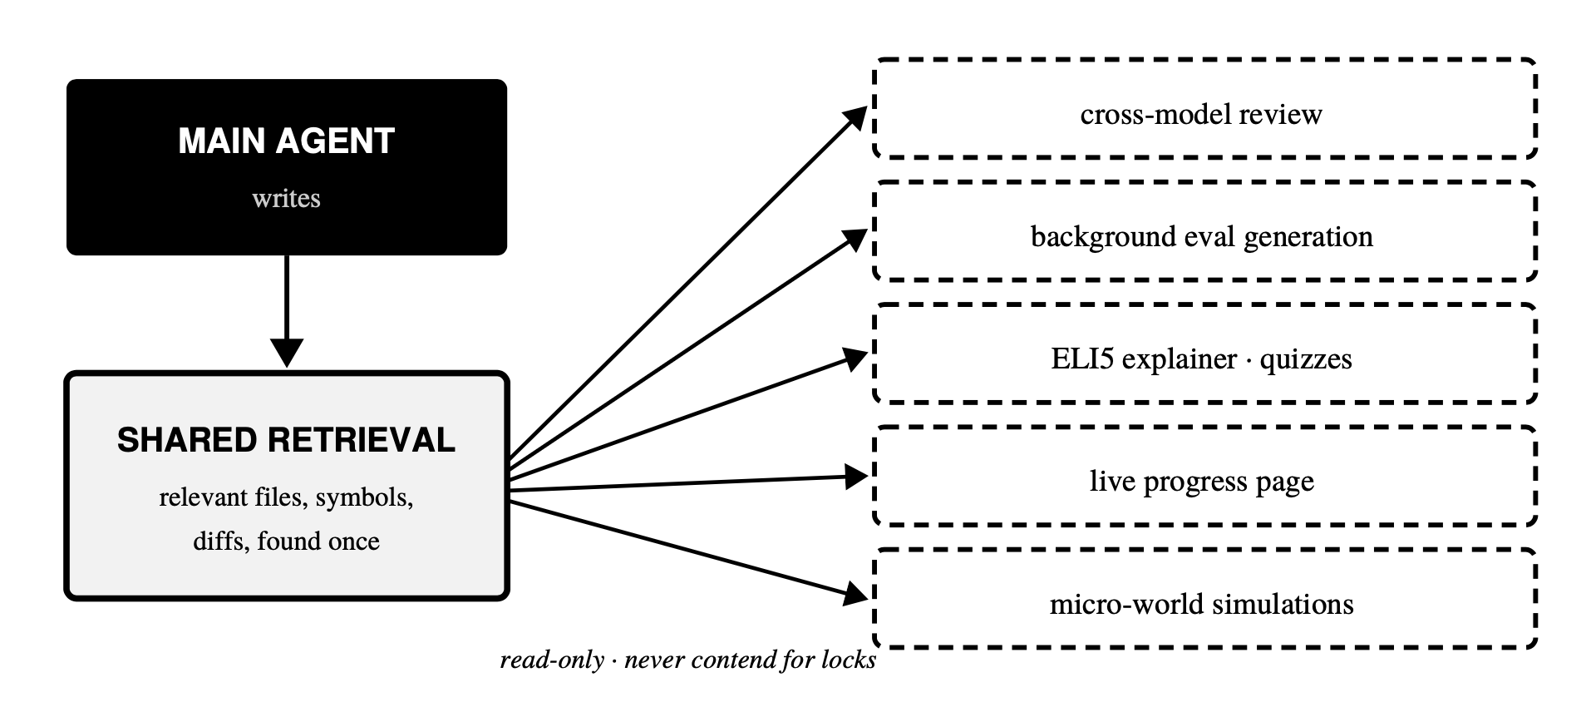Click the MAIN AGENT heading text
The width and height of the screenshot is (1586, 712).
click(x=286, y=141)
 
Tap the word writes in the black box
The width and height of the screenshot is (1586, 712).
click(x=286, y=198)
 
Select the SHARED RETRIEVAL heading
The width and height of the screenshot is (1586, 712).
click(x=286, y=440)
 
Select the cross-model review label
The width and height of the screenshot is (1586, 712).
click(x=1201, y=113)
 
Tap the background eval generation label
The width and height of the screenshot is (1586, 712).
click(x=1201, y=236)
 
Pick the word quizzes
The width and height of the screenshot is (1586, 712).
click(x=1306, y=359)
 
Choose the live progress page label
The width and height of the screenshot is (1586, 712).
click(x=1201, y=482)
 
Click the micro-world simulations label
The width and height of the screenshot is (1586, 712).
click(x=1201, y=603)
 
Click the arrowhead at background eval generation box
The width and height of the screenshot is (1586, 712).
click(x=855, y=239)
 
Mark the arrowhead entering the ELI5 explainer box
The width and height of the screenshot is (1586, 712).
click(x=855, y=358)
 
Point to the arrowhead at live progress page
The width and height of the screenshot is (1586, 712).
click(x=855, y=477)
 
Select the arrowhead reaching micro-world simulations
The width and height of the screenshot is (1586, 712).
click(x=855, y=594)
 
